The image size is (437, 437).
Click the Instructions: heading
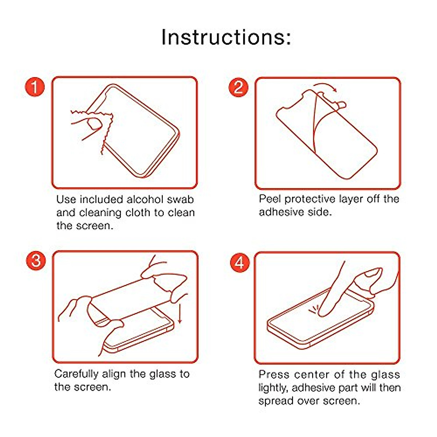226,38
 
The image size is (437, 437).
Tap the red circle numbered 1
35,87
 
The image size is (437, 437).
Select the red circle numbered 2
238,87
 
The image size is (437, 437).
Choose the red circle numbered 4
240,263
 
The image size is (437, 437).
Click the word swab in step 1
180,200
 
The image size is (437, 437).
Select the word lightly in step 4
273,388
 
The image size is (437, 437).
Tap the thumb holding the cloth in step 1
94,124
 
